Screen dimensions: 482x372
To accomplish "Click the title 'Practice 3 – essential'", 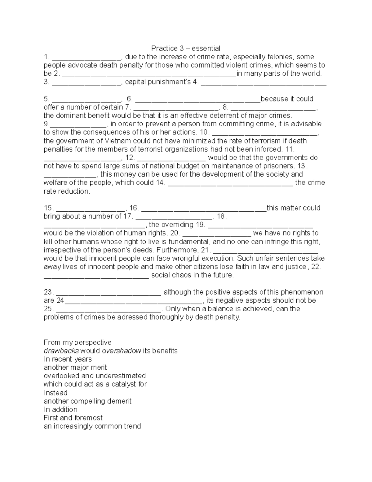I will pos(185,48).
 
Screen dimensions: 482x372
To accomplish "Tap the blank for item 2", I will pos(149,74).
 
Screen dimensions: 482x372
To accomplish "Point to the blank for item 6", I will pos(198,100).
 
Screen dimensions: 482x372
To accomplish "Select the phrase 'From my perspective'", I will pos(77,342).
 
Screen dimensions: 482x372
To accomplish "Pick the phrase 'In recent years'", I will pos(68,359).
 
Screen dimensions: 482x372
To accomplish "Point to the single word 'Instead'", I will pos(55,393).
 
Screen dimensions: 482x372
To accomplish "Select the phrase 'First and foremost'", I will pos(73,418).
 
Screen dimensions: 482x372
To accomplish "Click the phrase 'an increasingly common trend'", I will pos(92,426).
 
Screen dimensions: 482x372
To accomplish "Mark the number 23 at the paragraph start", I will pos(49,292).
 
